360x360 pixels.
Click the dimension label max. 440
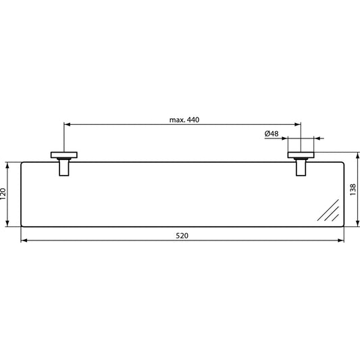click(184, 120)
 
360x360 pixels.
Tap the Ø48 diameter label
click(272, 134)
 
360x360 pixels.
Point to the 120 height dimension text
click(5, 195)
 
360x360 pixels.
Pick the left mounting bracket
click(63, 163)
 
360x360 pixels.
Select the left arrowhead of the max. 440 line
click(66, 124)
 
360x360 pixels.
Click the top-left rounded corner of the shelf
click(23, 163)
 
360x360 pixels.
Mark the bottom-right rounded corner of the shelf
click(342, 224)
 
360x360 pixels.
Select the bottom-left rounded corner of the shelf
click(23, 224)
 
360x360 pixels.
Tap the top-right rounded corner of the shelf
click(342, 163)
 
